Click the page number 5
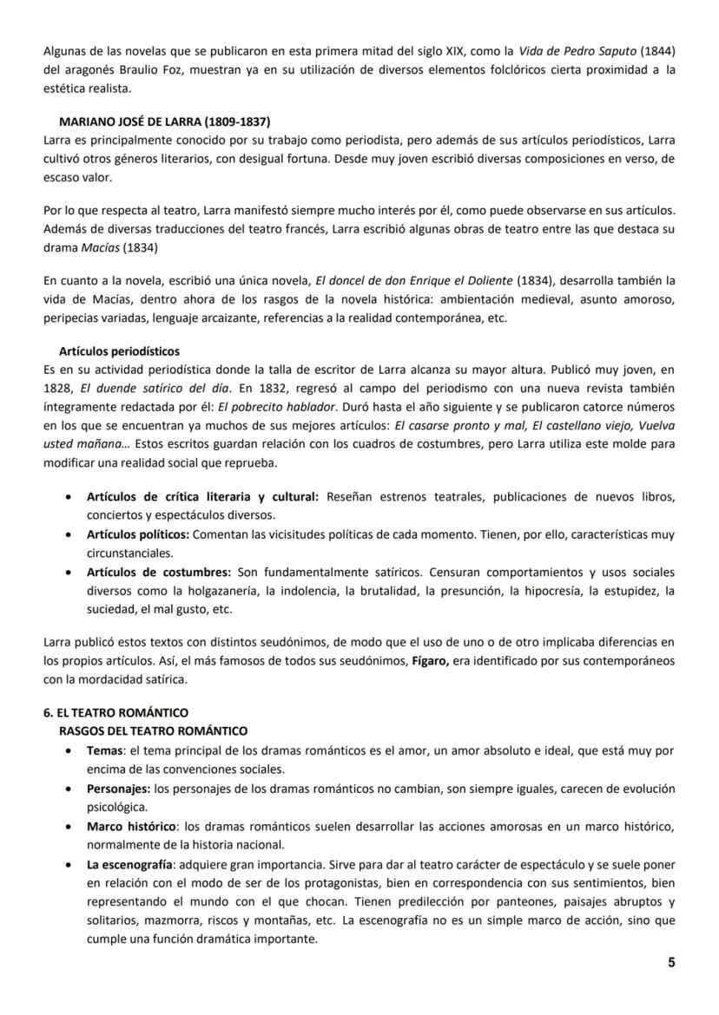tap(671, 962)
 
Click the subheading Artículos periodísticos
tap(119, 351)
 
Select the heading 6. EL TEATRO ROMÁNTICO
tap(115, 712)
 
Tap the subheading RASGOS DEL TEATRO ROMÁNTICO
tap(153, 730)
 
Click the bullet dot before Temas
tap(69, 750)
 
